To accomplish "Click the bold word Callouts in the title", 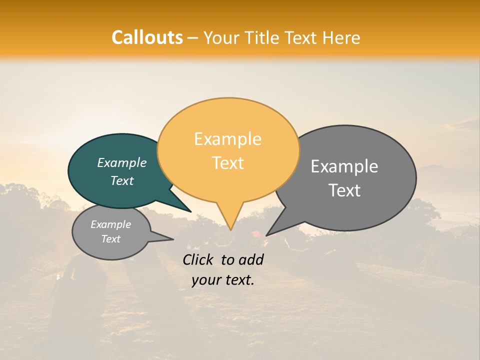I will (x=147, y=37).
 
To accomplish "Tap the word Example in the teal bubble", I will (x=121, y=162).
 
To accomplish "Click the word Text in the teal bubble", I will (x=121, y=180).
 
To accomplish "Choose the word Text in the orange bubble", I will (x=227, y=162).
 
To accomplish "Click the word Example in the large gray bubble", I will (x=344, y=166).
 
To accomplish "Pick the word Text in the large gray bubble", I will (x=344, y=190).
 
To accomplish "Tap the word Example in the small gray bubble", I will (x=110, y=224).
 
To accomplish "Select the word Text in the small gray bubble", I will (x=110, y=239).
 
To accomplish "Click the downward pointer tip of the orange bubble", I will (x=230, y=230).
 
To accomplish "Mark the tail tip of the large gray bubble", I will (x=266, y=235).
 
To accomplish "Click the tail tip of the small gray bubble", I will (x=173, y=239).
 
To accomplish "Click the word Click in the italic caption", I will (x=198, y=259).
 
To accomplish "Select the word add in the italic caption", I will (x=251, y=259).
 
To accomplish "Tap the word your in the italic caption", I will (x=206, y=280).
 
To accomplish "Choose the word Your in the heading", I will (x=221, y=37).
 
